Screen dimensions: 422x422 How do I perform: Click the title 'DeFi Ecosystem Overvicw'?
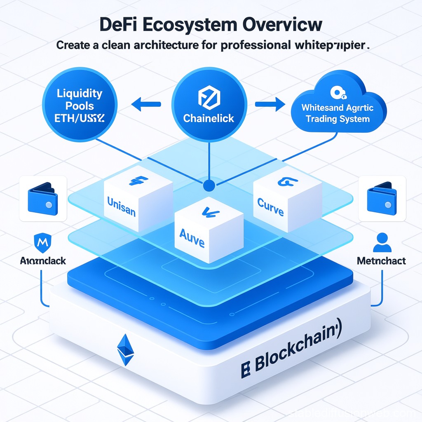[x=211, y=24]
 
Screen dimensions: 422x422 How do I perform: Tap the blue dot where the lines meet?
[x=209, y=185]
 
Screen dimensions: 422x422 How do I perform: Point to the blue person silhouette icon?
[x=382, y=242]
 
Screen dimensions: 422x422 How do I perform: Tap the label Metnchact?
[x=381, y=261]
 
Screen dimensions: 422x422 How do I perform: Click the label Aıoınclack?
[x=43, y=260]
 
